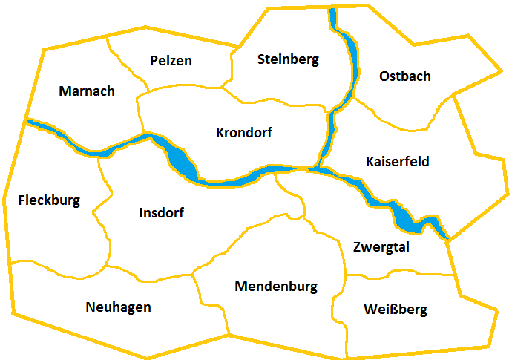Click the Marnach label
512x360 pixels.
click(87, 91)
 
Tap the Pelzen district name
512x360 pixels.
click(171, 61)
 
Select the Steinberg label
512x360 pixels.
click(288, 59)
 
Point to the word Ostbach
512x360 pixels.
click(404, 76)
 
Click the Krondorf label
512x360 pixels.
click(244, 134)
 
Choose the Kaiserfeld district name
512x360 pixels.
click(398, 162)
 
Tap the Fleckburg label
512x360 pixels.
click(49, 200)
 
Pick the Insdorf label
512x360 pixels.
click(161, 213)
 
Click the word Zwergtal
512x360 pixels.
click(381, 248)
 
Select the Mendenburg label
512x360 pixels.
click(276, 286)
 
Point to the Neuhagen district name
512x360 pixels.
click(119, 307)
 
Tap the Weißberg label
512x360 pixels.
click(396, 310)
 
